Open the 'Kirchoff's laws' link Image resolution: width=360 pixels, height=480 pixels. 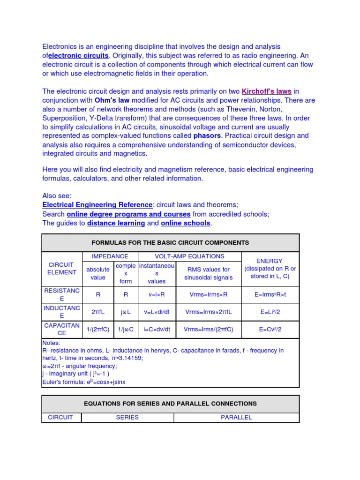point(266,91)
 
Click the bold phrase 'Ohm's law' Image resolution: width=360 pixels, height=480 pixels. point(112,100)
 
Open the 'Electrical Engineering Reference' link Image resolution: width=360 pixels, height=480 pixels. point(97,205)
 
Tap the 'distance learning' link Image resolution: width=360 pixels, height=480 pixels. point(116,223)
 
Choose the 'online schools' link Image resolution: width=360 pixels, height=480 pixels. point(186,223)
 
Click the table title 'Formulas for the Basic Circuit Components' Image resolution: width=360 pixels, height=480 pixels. point(170,243)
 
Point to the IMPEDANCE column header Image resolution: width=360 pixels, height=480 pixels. point(110,256)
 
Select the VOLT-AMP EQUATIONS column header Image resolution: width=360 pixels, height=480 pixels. point(189,256)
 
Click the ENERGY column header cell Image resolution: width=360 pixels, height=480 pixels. point(270,269)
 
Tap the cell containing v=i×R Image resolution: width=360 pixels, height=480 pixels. point(157,295)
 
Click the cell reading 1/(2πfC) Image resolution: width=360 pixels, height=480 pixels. point(98,330)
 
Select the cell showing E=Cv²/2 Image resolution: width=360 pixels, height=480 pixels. point(270,330)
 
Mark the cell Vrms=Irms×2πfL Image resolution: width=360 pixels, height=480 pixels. point(209,312)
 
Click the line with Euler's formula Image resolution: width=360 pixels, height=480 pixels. point(84,382)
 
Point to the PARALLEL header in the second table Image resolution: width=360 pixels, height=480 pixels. point(236,417)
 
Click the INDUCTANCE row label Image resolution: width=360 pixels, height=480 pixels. point(62,312)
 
